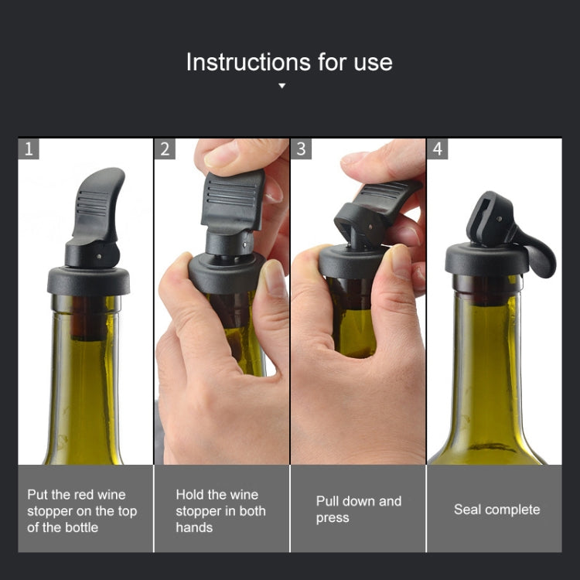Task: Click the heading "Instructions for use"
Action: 289,62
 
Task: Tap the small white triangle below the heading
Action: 281,86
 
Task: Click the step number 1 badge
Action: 29,148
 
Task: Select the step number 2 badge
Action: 165,148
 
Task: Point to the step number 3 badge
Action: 302,148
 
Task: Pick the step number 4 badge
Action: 438,148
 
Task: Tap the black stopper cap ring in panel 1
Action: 88,279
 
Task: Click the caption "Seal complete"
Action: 496,510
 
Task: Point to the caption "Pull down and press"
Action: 358,510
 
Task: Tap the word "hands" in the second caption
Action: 193,527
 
